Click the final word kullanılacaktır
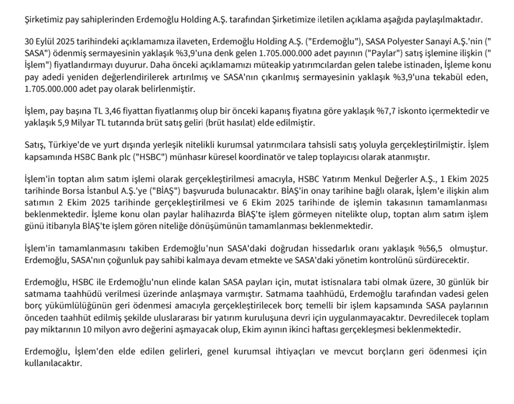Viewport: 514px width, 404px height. pos(54,363)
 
